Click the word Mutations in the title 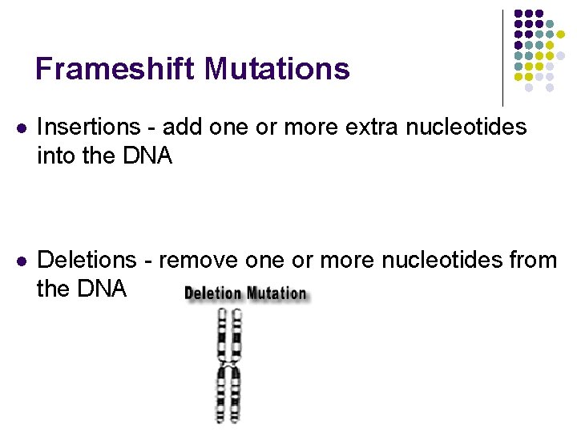276,69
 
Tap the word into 55,156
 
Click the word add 181,127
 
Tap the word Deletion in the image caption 212,293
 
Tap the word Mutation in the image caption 276,293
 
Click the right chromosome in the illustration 236,365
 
